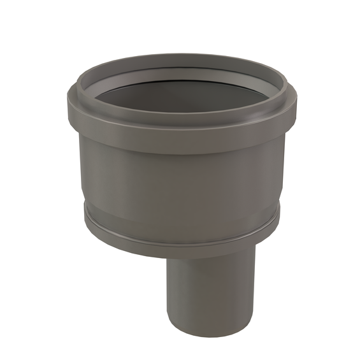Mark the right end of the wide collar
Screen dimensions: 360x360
[x=295, y=115]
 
